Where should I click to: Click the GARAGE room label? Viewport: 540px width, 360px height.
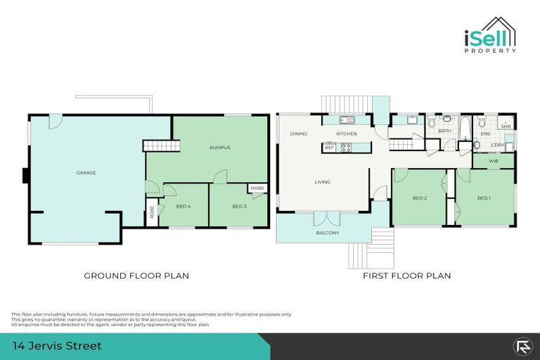tap(86, 172)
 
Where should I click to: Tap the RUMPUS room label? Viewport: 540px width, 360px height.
tap(220, 148)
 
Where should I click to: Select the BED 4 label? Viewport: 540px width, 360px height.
tap(183, 205)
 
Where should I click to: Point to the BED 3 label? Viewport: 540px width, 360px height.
tap(239, 205)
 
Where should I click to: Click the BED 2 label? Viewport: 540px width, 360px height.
tap(420, 198)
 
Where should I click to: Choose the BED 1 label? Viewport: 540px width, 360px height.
tap(484, 198)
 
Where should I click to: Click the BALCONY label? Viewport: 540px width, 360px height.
tap(328, 233)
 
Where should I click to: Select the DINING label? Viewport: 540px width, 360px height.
tap(299, 134)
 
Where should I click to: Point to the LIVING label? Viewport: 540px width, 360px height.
tap(323, 182)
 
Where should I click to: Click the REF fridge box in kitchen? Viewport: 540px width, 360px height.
tap(329, 148)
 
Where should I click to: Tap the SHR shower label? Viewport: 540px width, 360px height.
tap(506, 127)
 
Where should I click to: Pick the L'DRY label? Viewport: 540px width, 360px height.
tap(498, 145)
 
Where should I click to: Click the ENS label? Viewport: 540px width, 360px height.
tap(485, 133)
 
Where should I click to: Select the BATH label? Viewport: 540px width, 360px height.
tap(444, 131)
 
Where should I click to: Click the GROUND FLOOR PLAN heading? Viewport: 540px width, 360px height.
tap(136, 276)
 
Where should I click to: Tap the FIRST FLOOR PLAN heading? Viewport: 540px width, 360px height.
tap(406, 276)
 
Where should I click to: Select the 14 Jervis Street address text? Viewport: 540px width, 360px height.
tap(58, 346)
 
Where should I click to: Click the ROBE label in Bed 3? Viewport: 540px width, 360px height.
tap(257, 188)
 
